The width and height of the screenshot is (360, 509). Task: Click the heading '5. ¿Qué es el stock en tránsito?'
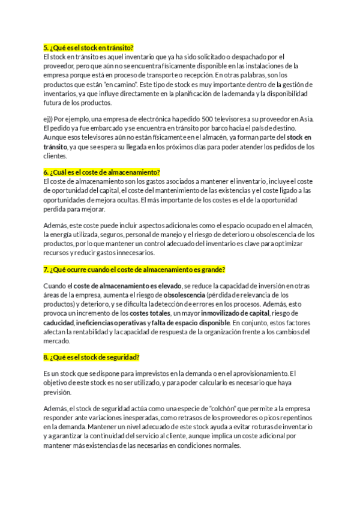tap(88, 47)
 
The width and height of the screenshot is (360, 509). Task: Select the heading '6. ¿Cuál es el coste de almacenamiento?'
tap(102, 172)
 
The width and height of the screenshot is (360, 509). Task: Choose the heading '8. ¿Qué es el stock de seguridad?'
tap(91, 357)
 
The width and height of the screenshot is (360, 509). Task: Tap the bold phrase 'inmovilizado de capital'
tap(235, 313)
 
